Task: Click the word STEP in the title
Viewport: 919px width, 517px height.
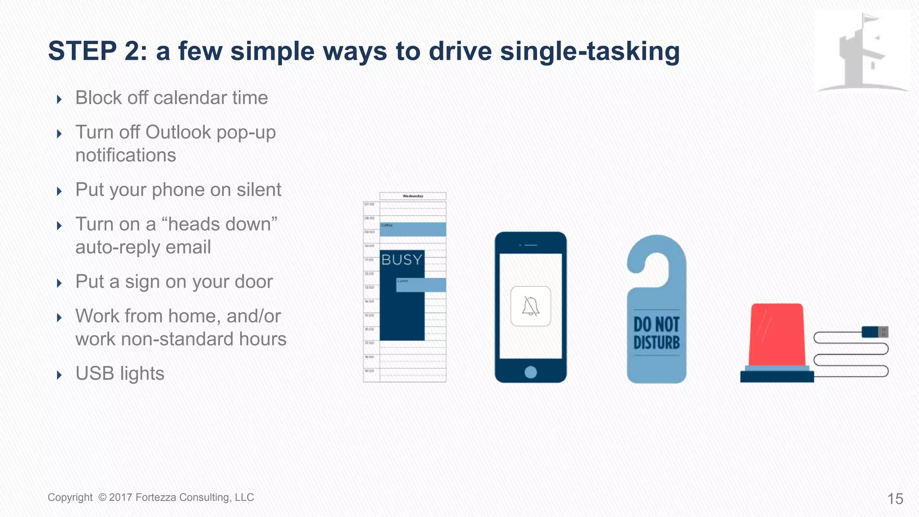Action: [82, 51]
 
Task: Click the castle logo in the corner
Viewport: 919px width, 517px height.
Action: [862, 52]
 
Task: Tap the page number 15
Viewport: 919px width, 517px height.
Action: [895, 499]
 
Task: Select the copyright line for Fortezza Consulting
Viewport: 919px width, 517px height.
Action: [151, 497]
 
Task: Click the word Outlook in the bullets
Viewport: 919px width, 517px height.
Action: [178, 132]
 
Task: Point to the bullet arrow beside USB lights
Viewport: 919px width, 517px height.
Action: [59, 375]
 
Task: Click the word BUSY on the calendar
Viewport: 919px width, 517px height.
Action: [402, 259]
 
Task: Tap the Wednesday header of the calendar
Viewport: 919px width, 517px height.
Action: [413, 196]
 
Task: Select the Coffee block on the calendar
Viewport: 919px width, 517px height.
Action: [413, 229]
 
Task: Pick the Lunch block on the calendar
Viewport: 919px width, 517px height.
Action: [421, 285]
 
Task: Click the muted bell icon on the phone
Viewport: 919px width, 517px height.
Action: [530, 306]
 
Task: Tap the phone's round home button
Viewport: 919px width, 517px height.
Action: [530, 372]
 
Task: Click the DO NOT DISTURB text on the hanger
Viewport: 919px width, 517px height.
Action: [656, 333]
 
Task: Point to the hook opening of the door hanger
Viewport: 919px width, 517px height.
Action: [656, 265]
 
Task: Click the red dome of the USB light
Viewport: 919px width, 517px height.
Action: [776, 334]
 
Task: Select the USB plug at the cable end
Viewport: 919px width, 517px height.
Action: [875, 332]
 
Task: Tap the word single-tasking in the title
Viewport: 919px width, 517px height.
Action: [590, 51]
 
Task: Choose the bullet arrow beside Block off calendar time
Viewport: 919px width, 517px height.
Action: [59, 99]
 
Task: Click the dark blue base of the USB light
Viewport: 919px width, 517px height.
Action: [777, 377]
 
